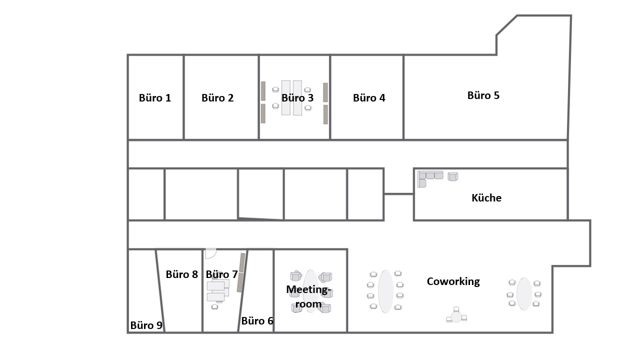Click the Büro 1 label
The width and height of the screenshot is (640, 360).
[155, 98]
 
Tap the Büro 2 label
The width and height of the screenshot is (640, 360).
[217, 98]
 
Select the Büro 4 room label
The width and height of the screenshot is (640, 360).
[369, 98]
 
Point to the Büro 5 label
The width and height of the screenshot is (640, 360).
[483, 95]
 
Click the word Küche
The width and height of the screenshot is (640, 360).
[486, 197]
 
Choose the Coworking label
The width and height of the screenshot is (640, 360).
[453, 281]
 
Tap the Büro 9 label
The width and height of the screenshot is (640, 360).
[146, 325]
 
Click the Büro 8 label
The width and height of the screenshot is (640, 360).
[181, 274]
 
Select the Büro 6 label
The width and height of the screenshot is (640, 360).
[257, 321]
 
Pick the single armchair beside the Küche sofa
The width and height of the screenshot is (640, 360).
[453, 176]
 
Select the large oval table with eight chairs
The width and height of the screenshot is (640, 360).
[385, 291]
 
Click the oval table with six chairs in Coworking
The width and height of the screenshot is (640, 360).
[524, 293]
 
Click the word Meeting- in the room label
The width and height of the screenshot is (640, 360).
[308, 289]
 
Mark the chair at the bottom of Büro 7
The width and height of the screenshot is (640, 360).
[214, 307]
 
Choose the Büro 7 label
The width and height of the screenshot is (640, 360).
[221, 274]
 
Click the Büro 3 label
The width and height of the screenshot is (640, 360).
[297, 98]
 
